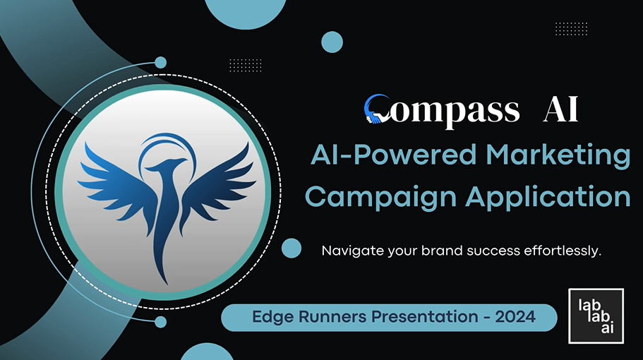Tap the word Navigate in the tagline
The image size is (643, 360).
(x=349, y=251)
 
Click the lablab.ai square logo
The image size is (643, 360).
(x=596, y=316)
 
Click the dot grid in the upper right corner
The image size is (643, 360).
(x=571, y=28)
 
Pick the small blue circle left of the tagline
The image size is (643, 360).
(x=292, y=248)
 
